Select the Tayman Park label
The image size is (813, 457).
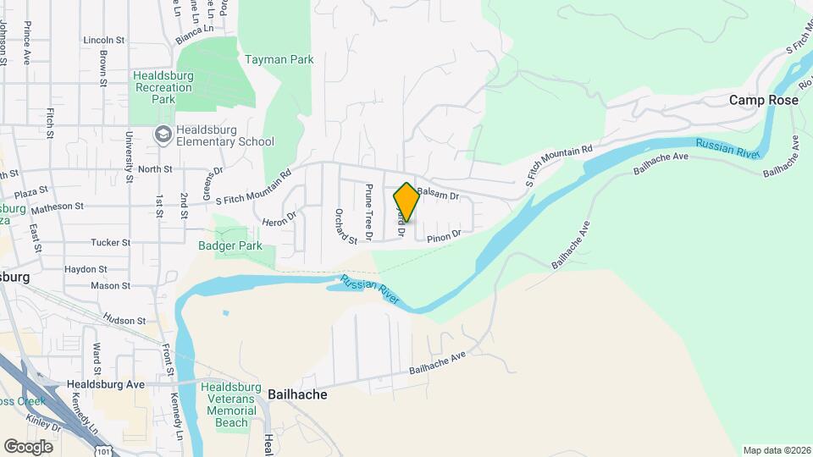point(279,60)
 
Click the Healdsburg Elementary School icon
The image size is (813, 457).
point(162,135)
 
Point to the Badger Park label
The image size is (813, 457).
point(230,246)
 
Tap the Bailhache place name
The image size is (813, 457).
point(297,394)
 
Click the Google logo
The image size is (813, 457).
point(28,446)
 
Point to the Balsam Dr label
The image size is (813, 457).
point(437,195)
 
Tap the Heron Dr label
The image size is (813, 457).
point(280,217)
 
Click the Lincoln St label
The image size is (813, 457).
point(104,40)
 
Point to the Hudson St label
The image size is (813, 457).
point(124,320)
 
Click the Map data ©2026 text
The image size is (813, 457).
point(776,450)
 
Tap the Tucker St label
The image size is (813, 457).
point(110,242)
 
